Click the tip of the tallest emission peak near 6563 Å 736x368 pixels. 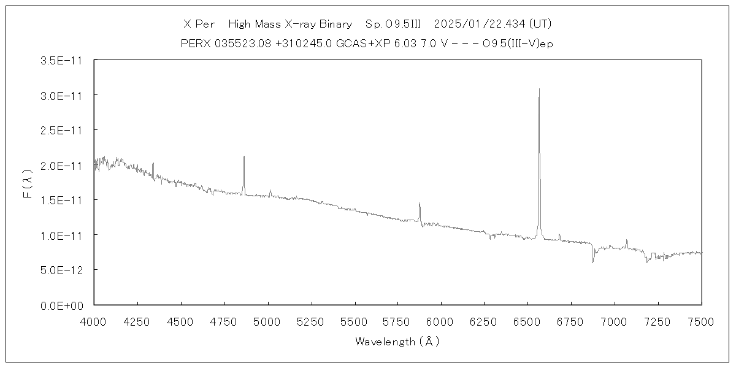(x=539, y=89)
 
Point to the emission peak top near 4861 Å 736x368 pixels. (x=243, y=156)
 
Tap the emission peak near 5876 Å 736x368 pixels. (x=420, y=203)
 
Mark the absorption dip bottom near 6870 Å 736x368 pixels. (x=592, y=263)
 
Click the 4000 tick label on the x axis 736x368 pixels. (x=94, y=321)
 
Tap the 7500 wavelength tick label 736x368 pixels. (x=702, y=321)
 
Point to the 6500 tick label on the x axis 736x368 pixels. (x=528, y=321)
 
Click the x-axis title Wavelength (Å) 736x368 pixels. (x=397, y=342)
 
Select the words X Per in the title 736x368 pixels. (x=199, y=25)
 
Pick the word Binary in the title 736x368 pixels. (x=335, y=25)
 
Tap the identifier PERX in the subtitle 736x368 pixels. (x=194, y=44)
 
